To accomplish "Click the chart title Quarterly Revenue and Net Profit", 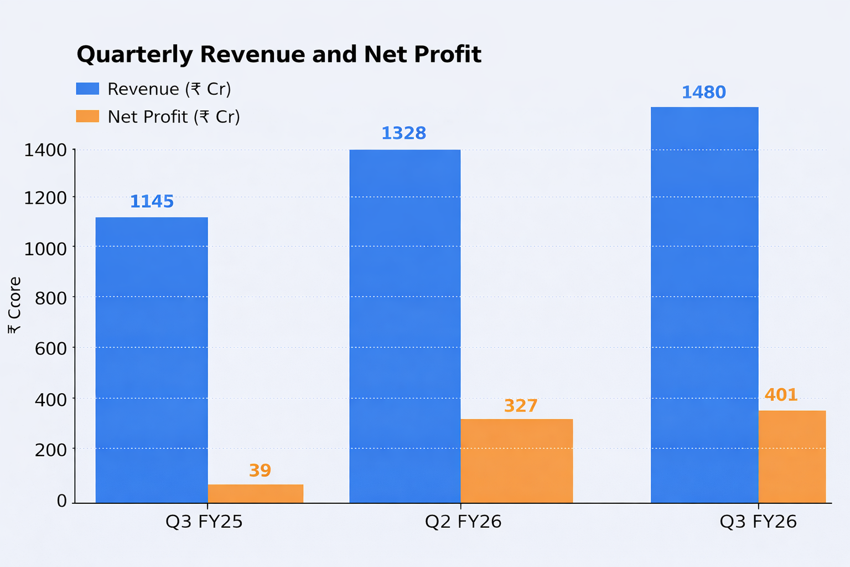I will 279,54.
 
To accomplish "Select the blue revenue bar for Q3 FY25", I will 152,360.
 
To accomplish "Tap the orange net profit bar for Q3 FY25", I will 255,493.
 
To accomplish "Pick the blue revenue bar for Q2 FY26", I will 405,326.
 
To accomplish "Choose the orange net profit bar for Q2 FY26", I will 516,461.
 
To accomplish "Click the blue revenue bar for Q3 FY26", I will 704,305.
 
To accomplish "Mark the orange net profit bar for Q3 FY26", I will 791,457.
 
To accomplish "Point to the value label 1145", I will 152,202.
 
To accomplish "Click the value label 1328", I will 403,133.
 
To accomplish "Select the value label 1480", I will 703,92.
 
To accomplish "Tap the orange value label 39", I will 260,471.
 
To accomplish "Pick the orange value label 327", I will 521,406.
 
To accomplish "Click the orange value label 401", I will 781,395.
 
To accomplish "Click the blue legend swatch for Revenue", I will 87,89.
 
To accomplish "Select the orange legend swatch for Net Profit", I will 87,116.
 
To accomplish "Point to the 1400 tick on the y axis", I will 45,150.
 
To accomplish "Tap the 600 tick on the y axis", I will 51,348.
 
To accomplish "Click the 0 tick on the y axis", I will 61,501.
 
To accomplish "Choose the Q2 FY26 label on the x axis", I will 463,522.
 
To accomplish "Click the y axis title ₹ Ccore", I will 15,305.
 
